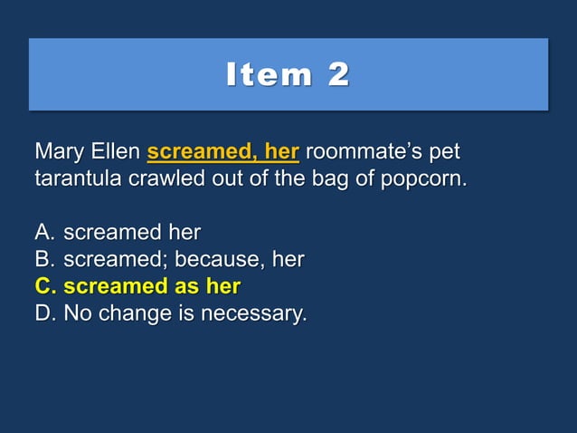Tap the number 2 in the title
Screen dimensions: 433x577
(x=338, y=75)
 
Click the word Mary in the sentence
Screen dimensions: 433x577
(x=58, y=149)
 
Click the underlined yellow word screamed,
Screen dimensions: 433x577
(x=196, y=149)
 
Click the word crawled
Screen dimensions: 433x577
(x=168, y=178)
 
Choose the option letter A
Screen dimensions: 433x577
(x=45, y=232)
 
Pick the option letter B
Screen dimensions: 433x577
(x=45, y=260)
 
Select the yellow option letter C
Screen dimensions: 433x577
(x=45, y=287)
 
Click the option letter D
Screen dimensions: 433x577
(x=45, y=314)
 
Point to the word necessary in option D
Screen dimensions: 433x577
(x=254, y=315)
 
